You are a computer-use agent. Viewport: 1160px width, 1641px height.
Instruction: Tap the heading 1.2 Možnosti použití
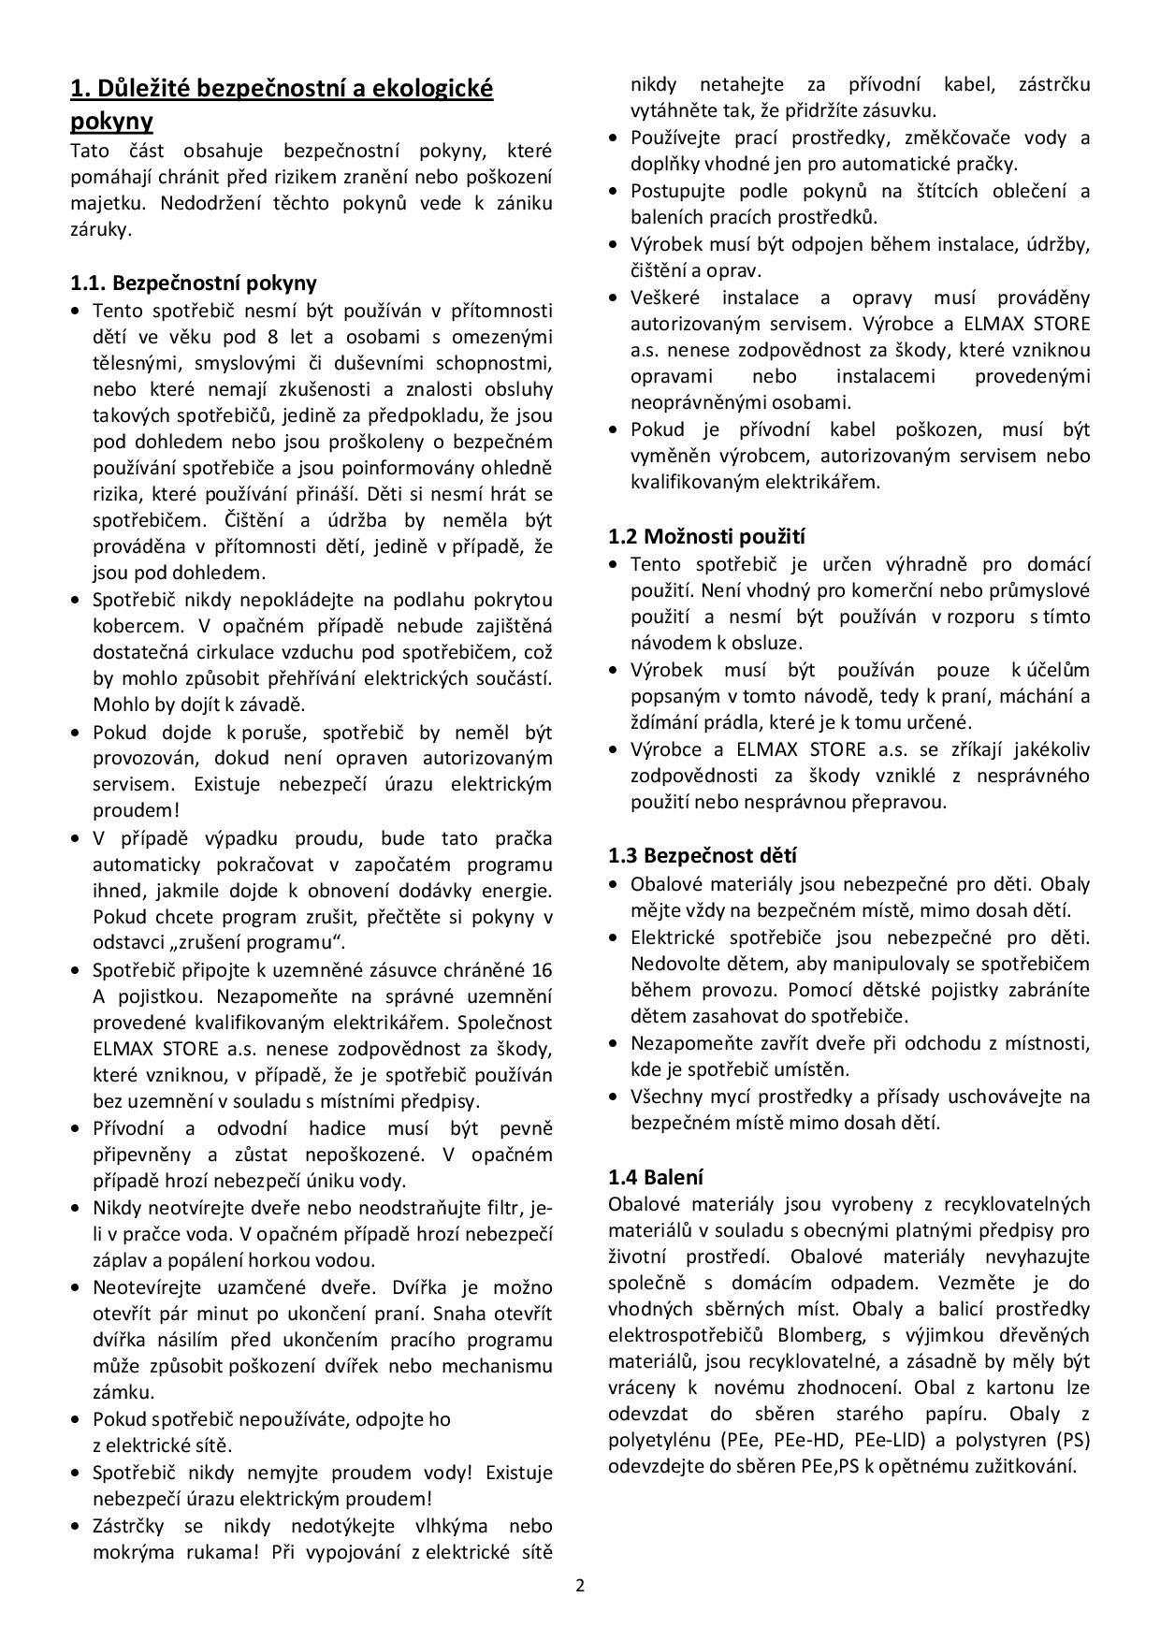pos(706,536)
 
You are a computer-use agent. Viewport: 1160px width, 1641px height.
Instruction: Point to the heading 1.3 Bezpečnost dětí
pos(702,855)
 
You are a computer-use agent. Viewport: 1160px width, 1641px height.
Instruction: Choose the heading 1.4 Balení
pos(656,1177)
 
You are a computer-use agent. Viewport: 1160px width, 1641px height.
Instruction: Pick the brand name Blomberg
pos(833,1335)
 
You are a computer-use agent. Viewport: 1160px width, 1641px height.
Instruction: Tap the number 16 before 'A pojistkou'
pos(542,970)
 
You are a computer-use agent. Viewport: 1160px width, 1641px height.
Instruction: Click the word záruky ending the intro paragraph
pos(99,229)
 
